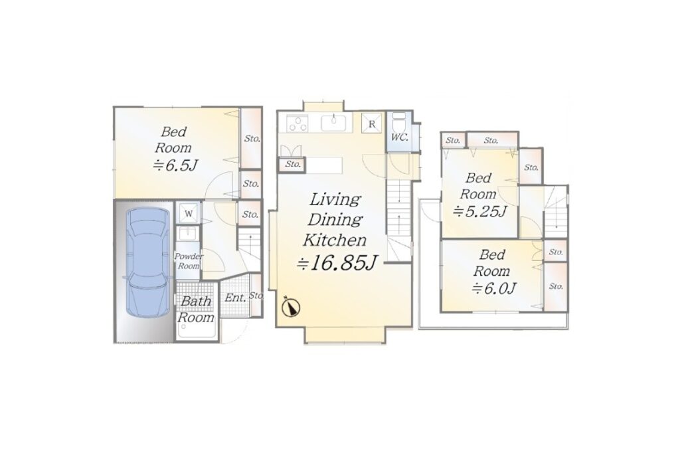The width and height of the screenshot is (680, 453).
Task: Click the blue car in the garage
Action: tap(147, 262)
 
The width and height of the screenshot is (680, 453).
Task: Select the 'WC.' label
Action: tap(399, 137)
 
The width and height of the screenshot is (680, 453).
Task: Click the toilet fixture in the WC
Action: tap(398, 122)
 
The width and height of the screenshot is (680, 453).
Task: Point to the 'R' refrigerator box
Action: tap(372, 124)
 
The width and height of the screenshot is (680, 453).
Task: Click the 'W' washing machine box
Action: tap(188, 213)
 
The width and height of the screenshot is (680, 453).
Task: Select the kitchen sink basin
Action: tap(333, 123)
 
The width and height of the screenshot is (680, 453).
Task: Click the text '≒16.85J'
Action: tap(337, 263)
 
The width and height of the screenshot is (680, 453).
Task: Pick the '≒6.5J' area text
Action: tap(175, 165)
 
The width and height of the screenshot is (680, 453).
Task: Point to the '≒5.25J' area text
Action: tap(479, 211)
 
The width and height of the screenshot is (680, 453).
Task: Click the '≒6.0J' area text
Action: tap(493, 288)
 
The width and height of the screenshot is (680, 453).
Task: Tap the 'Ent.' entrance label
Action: tap(236, 298)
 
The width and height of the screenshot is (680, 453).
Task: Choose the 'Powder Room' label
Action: tap(189, 261)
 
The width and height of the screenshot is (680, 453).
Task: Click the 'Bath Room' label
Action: tap(196, 309)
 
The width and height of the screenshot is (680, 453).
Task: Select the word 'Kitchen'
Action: tap(335, 240)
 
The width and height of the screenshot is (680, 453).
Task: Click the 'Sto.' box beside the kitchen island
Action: tap(293, 165)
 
